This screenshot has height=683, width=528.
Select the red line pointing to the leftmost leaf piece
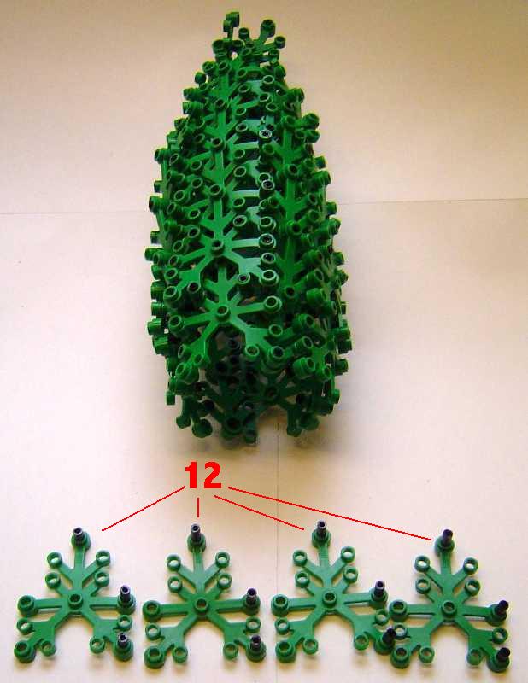[143, 509]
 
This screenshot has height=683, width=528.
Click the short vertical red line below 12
[198, 507]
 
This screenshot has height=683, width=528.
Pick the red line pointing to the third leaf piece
[259, 513]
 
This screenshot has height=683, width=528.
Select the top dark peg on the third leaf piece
[321, 528]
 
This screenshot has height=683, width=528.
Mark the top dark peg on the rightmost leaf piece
[448, 539]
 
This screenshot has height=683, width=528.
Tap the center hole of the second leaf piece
[201, 604]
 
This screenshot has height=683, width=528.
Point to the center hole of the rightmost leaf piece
[449, 606]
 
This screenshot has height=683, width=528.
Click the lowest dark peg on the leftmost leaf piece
[122, 639]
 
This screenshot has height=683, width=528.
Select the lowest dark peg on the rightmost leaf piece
[502, 653]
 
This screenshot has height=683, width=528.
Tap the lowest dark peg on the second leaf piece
[256, 642]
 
